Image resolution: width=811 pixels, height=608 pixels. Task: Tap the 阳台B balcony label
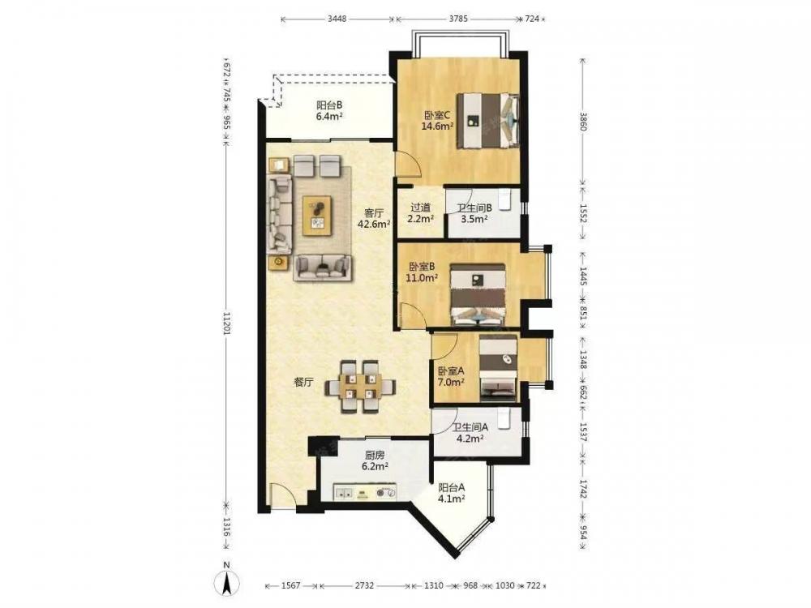(329, 105)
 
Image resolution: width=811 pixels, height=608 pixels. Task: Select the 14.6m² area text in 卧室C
(437, 126)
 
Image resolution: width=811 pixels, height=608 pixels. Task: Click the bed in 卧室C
(487, 121)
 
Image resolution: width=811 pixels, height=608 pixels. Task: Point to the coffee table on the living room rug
(317, 216)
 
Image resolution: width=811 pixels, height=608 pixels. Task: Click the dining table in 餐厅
(361, 386)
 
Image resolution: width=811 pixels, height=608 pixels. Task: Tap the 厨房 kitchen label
(375, 456)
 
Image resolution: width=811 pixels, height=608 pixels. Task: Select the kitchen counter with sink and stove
(365, 492)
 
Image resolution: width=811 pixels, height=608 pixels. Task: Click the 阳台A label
(452, 487)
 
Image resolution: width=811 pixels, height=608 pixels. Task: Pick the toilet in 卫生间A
(505, 419)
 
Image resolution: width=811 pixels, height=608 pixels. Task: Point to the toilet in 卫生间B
(505, 199)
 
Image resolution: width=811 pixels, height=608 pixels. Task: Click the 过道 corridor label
(420, 208)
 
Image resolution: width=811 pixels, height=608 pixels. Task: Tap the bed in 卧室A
(498, 368)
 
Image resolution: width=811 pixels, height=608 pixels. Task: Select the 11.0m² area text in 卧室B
(422, 277)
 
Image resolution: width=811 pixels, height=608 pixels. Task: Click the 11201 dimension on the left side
(225, 323)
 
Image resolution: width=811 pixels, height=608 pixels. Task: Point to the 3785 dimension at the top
(458, 19)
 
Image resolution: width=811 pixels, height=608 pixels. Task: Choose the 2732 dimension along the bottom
(364, 586)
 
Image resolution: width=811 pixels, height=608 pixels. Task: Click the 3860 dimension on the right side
(583, 122)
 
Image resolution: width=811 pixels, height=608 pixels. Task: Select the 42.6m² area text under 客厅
(374, 224)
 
